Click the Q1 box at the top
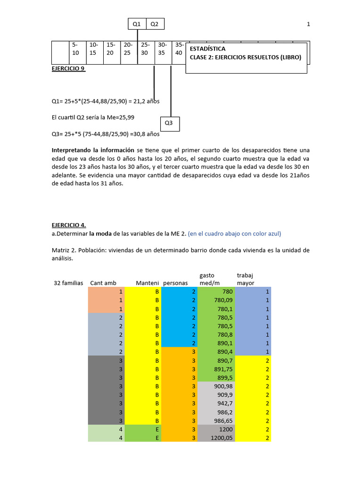point(137,24)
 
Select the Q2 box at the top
point(155,24)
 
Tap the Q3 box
point(169,124)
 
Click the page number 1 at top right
point(308,24)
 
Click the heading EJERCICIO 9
point(68,68)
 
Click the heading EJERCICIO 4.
point(69,225)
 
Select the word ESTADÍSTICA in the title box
point(207,49)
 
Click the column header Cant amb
point(103,283)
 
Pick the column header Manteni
point(147,283)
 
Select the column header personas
point(175,283)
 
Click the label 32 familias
point(68,283)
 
